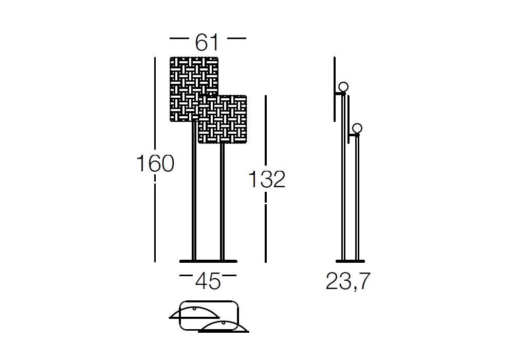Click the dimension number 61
tap(207, 42)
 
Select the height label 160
tap(155, 163)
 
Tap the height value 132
tap(267, 179)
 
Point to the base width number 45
tap(208, 281)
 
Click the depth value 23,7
tap(348, 281)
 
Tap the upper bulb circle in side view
tap(343, 87)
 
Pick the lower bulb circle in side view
tap(357, 128)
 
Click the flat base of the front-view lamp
tap(208, 261)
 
